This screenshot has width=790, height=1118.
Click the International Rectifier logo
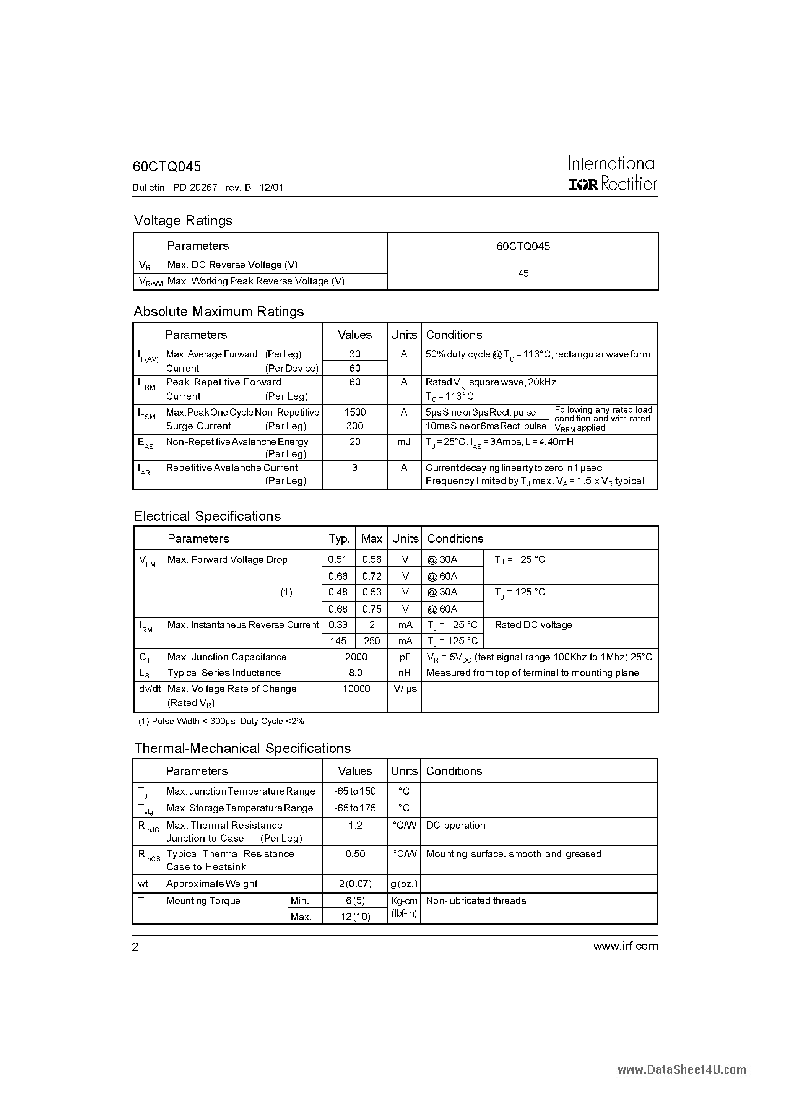click(613, 173)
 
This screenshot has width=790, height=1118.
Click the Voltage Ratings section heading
click(183, 221)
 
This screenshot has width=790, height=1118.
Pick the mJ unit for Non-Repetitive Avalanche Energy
click(404, 442)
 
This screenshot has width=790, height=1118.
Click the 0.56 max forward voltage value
click(372, 559)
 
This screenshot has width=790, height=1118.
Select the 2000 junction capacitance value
click(356, 657)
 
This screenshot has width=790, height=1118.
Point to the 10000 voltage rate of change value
click(356, 689)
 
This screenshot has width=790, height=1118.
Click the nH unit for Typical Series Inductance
click(404, 673)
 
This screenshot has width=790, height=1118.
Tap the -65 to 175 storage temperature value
click(355, 808)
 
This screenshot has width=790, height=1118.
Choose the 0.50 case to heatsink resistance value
click(355, 853)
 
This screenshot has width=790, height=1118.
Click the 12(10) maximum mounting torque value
click(355, 916)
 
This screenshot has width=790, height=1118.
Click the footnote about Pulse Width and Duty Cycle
click(221, 721)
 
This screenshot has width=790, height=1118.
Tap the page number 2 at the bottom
click(135, 947)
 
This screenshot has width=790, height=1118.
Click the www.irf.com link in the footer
click(625, 946)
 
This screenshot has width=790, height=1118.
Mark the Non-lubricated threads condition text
click(476, 900)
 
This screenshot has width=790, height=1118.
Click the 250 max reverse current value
click(372, 641)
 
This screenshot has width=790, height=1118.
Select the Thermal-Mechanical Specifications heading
click(242, 748)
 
